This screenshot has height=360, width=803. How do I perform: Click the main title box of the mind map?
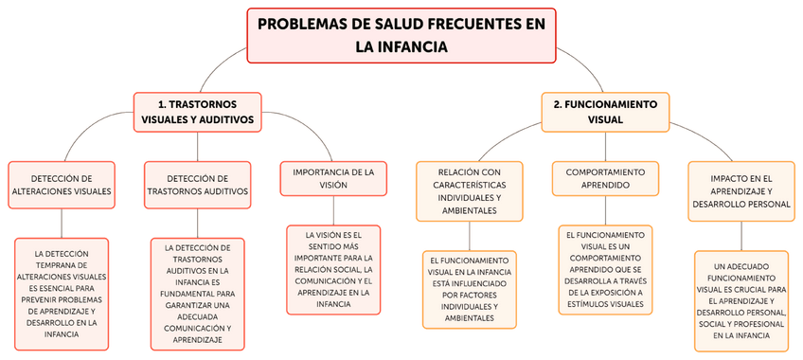point(401,35)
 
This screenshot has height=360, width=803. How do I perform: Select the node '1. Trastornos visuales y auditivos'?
point(197,112)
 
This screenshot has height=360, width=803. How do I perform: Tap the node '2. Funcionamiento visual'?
point(605,111)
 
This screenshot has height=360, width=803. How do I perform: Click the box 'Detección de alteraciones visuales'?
point(62,184)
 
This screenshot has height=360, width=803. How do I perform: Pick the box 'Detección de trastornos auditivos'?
point(197,184)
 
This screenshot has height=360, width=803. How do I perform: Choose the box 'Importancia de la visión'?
point(333,178)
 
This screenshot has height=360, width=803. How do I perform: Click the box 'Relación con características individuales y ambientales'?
point(470,190)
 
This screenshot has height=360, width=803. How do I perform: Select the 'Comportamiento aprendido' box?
point(605,178)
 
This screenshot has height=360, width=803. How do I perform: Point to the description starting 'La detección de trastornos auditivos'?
point(197,294)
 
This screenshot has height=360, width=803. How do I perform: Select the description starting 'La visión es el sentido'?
point(333,268)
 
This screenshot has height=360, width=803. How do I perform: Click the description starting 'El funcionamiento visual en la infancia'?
point(470,289)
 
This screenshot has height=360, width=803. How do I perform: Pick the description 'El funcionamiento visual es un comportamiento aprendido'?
point(605,269)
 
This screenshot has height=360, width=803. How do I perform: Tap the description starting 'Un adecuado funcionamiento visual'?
point(741,301)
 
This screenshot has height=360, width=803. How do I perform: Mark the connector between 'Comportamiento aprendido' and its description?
point(605,208)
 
